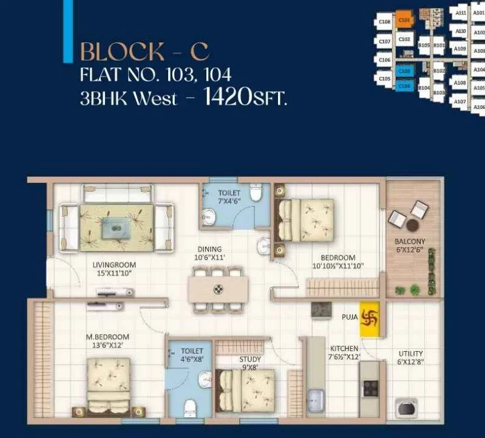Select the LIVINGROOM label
click(114, 265)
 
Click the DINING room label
click(209, 249)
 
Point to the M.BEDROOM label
click(107, 337)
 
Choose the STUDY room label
click(250, 359)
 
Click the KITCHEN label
click(344, 349)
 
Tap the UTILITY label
click(411, 354)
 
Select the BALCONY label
click(410, 241)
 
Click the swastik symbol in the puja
click(370, 317)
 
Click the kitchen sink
click(316, 400)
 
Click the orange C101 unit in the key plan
click(404, 20)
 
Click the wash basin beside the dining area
click(263, 245)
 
